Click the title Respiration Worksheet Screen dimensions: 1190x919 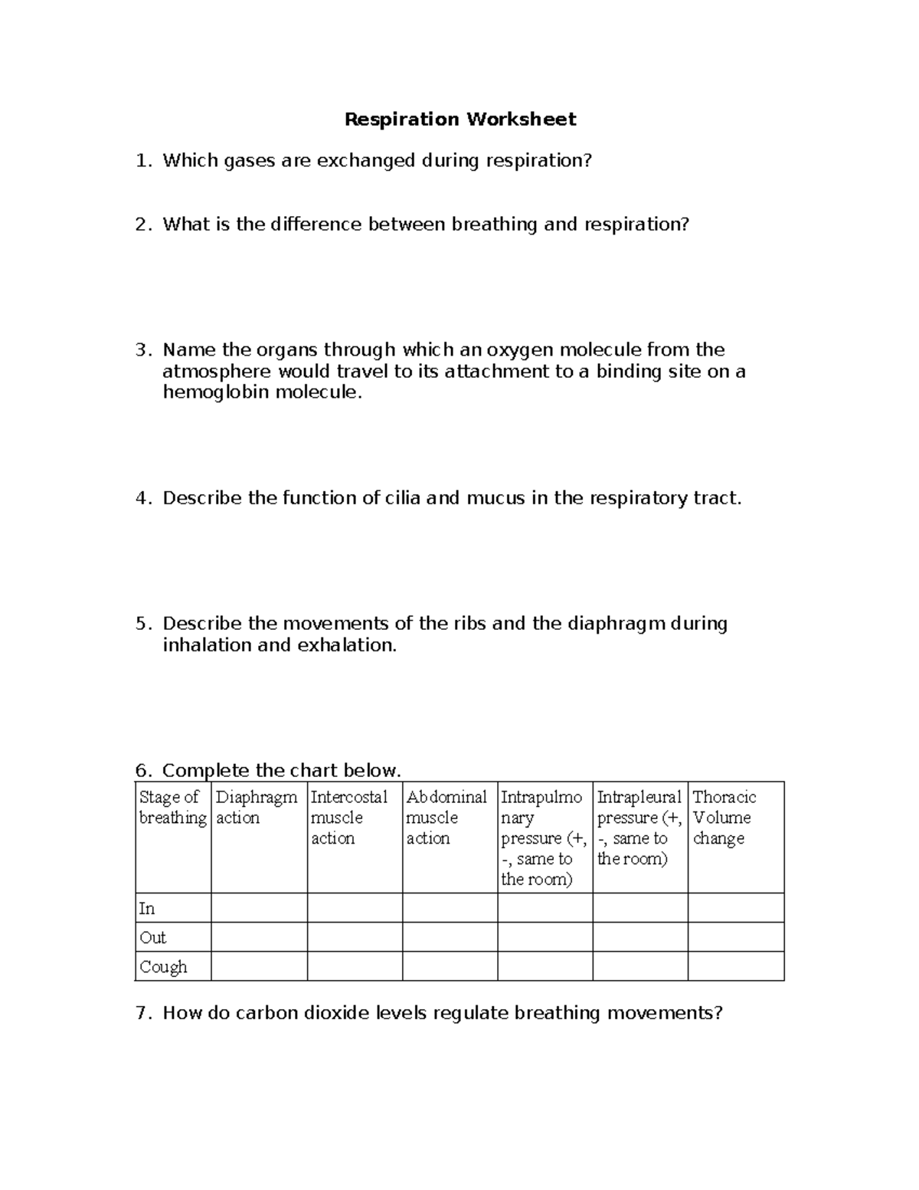coord(459,120)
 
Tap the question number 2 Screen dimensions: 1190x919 coord(141,225)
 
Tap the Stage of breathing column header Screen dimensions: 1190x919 coord(172,808)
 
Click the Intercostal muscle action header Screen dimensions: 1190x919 coord(349,818)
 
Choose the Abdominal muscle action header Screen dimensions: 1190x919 coord(446,818)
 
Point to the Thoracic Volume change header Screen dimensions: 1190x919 coord(724,818)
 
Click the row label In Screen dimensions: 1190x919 coord(147,909)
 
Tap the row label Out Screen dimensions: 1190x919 coord(152,938)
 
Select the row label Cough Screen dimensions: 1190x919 coord(163,967)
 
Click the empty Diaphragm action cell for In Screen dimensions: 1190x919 coord(259,908)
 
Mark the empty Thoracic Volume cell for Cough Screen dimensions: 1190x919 coord(736,966)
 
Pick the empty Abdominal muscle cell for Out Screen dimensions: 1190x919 coord(450,937)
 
